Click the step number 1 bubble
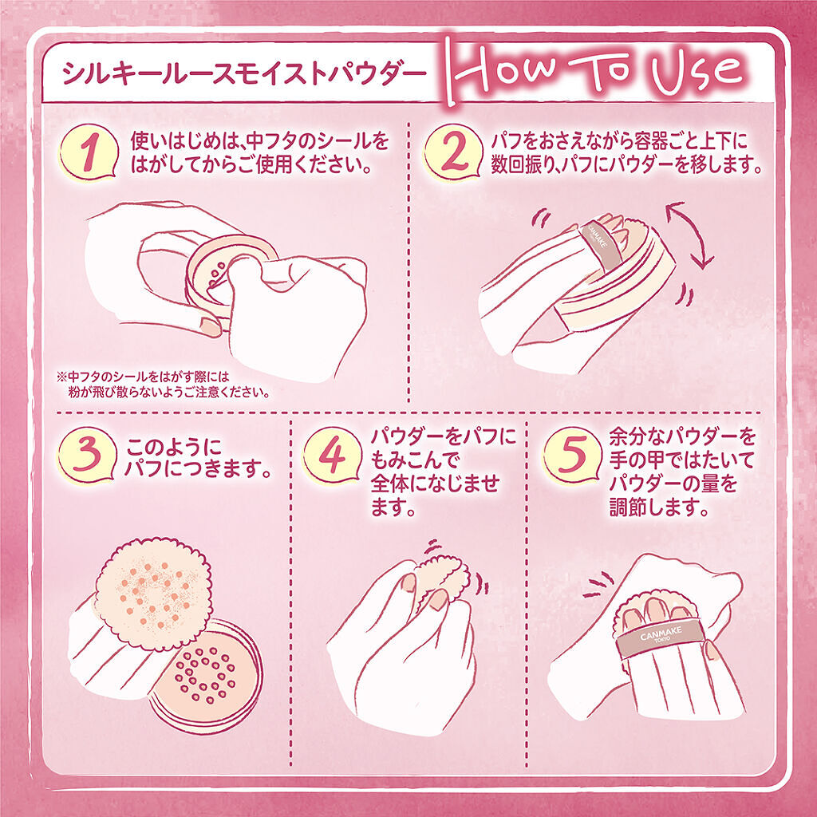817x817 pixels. point(89,153)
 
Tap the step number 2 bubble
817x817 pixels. point(453,153)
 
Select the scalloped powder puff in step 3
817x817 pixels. point(153,593)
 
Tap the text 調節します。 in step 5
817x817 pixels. point(659,507)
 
